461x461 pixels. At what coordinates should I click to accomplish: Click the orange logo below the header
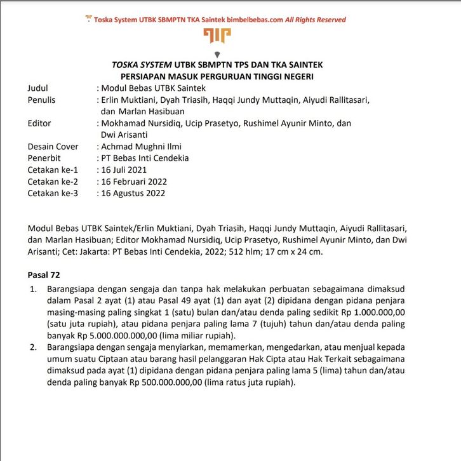coord(217,37)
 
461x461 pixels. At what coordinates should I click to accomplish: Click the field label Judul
coord(38,88)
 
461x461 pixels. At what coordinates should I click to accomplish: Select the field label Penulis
coord(41,100)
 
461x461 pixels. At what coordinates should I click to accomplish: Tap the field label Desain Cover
coord(53,146)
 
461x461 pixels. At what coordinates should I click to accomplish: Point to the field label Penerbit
coord(44,158)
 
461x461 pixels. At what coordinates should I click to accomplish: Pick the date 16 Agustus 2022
coord(135,193)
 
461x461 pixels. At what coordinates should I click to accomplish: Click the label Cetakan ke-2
coord(53,182)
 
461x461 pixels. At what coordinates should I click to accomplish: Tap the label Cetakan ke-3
coord(53,193)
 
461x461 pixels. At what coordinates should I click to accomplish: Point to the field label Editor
coord(39,123)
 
